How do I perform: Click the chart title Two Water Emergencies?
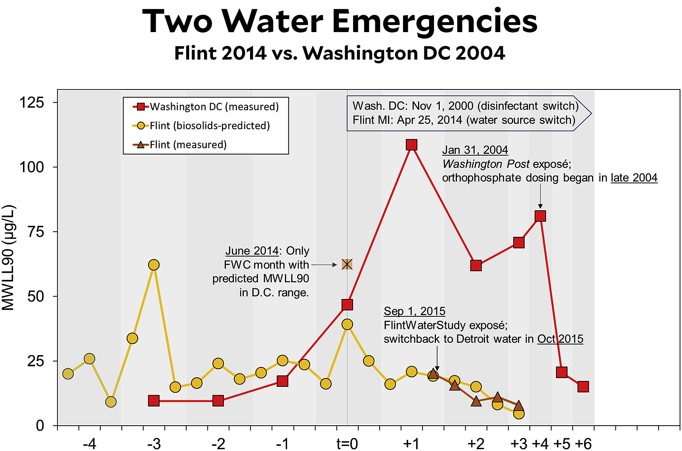[340, 21]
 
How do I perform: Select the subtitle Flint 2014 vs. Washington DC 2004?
[340, 53]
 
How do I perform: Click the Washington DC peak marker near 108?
[411, 145]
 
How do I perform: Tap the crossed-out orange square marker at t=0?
[347, 264]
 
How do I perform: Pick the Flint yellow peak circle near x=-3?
[154, 265]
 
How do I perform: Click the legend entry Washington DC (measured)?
[214, 107]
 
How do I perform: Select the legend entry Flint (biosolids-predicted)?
[210, 126]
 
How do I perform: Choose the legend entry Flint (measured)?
[188, 145]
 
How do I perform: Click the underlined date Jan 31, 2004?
[475, 150]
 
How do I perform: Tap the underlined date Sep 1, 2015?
[415, 311]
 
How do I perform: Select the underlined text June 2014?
[252, 251]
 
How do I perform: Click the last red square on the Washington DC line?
[583, 386]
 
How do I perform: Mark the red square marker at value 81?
[540, 216]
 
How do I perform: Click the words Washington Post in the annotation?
[486, 164]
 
